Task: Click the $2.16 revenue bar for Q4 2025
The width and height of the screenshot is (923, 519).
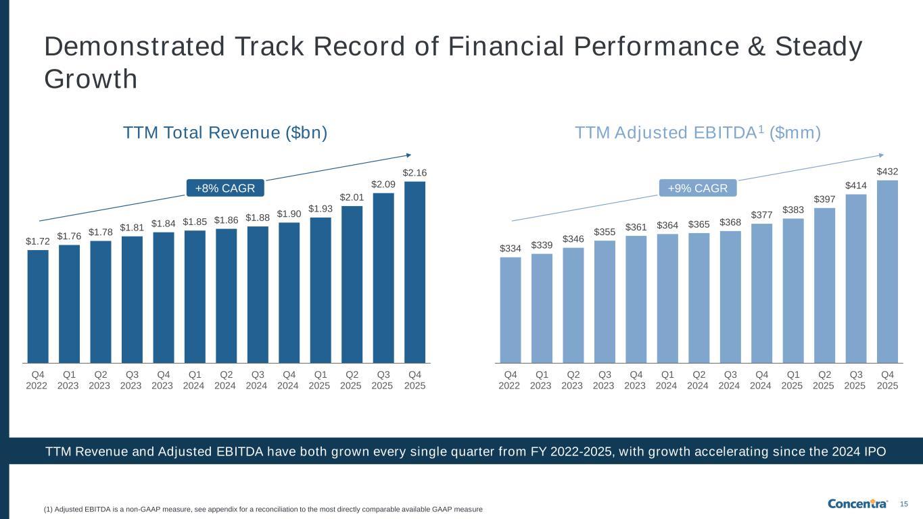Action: coord(415,272)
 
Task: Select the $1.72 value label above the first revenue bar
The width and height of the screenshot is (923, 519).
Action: coord(38,241)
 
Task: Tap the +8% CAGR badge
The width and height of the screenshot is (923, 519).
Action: coord(224,188)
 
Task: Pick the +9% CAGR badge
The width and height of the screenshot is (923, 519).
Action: coord(697,188)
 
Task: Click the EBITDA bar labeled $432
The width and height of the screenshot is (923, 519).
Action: coord(887,271)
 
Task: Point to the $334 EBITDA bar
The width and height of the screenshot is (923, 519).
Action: coord(511,310)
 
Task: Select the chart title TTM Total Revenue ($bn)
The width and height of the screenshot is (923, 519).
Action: coord(225,133)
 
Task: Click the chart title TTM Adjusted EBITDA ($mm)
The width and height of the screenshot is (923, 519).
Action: coord(698,133)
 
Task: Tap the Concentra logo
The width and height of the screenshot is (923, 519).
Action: coord(857,503)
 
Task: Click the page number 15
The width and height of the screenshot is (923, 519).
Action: coord(904,503)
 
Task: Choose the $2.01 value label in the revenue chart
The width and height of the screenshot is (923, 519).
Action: coord(352,197)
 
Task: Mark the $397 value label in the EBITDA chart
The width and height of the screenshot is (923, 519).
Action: coord(824,199)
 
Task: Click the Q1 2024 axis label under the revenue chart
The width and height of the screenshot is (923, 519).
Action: coord(195,380)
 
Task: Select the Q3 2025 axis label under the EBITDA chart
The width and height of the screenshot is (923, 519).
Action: coord(855,380)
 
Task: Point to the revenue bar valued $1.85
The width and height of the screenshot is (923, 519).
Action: coord(195,297)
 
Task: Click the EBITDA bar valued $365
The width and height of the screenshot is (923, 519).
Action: coord(699,298)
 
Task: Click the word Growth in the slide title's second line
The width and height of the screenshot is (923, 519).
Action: coord(91,79)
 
